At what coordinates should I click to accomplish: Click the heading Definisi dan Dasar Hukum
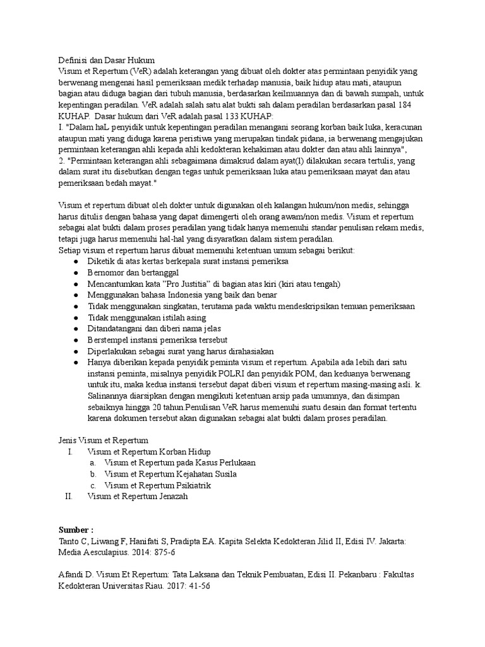106,60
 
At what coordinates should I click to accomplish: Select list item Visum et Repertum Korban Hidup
150,451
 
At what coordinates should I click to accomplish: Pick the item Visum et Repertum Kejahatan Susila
171,474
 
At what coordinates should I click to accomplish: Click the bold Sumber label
76,529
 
